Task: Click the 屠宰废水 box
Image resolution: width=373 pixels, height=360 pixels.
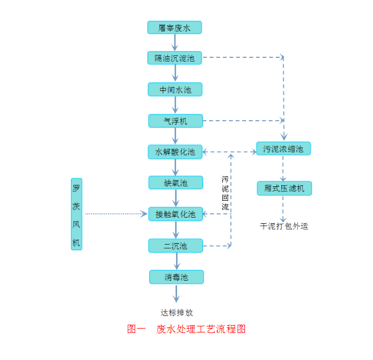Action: pos(174,28)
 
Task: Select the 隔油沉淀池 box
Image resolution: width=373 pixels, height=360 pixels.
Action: pos(174,58)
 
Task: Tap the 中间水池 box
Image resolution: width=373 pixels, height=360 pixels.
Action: pos(175,89)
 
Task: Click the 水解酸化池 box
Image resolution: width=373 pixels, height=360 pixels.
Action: pos(175,152)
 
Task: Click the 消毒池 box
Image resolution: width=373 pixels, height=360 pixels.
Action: pos(176,277)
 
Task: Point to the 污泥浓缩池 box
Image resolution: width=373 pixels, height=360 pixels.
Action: pos(284,148)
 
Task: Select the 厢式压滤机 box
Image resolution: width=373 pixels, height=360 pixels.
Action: pos(284,188)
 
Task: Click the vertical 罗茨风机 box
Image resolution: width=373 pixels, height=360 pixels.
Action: pos(76,214)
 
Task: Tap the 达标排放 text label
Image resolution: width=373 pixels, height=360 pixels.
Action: pos(177,313)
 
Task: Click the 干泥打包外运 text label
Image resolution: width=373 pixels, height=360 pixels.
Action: pos(284,226)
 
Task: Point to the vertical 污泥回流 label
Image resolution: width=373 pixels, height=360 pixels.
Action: pos(225,193)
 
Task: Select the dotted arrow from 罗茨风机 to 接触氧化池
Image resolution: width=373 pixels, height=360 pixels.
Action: pos(116,214)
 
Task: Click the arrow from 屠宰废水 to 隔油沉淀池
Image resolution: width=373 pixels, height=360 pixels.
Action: pos(175,43)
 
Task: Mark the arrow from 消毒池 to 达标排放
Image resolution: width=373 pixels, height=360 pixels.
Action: pos(177,293)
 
